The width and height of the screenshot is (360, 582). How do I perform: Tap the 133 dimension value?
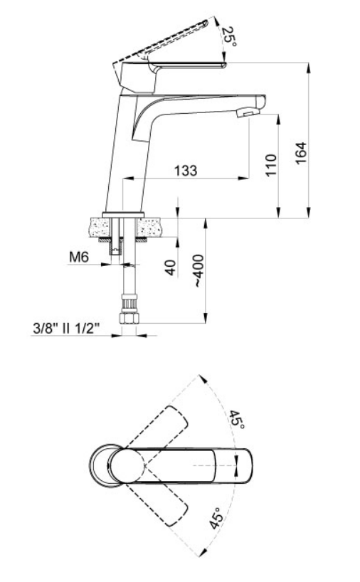pos(186,170)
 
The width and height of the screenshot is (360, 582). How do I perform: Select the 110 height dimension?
pos(271,165)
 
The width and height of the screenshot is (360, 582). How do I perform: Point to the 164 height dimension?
pos(301,152)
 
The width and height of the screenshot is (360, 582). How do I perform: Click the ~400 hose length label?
pos(198,270)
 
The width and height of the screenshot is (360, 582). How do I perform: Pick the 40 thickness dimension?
pos(170,268)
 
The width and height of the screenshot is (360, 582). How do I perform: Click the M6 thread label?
pos(79,256)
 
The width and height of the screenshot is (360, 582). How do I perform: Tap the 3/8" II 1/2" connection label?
pos(66,328)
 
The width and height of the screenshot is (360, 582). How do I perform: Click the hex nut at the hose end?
pos(128,318)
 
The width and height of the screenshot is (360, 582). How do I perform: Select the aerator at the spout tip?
pos(247,112)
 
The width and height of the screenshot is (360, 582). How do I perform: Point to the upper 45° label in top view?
pos(236,420)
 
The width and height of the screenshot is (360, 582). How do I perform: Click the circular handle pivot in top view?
pos(126,466)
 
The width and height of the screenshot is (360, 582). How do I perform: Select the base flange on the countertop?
pos(123,215)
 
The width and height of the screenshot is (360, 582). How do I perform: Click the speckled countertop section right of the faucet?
pos(149,227)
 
